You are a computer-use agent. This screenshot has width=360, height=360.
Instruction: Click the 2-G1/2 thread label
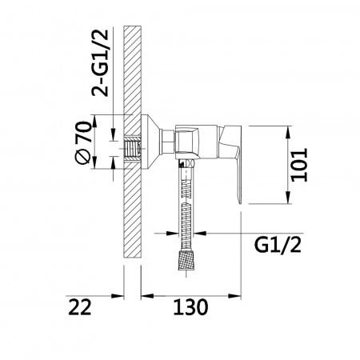100,63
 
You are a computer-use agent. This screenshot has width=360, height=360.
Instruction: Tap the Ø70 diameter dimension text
83,142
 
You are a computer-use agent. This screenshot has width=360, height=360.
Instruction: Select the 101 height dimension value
299,165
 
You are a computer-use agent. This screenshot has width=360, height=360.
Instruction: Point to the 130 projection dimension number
190,307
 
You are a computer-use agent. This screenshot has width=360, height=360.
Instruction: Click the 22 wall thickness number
80,307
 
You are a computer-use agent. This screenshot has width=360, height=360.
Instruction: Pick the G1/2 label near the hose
278,246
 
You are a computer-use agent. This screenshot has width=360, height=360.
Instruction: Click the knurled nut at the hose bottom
186,260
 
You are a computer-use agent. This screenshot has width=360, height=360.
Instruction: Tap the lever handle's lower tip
239,203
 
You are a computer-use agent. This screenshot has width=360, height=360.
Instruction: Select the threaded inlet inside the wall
133,149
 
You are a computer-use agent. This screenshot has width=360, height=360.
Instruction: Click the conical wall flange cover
152,142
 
